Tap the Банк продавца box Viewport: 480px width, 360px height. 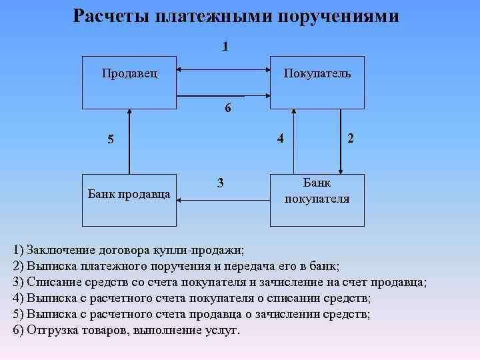pyautogui.click(x=129, y=194)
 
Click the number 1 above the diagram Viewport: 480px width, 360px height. pyautogui.click(x=225, y=47)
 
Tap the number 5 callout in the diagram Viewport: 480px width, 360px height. pyautogui.click(x=112, y=141)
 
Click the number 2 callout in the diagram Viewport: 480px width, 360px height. pyautogui.click(x=351, y=138)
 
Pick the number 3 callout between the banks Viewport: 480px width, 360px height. pyautogui.click(x=220, y=183)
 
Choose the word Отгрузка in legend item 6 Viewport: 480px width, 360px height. pyautogui.click(x=53, y=331)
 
